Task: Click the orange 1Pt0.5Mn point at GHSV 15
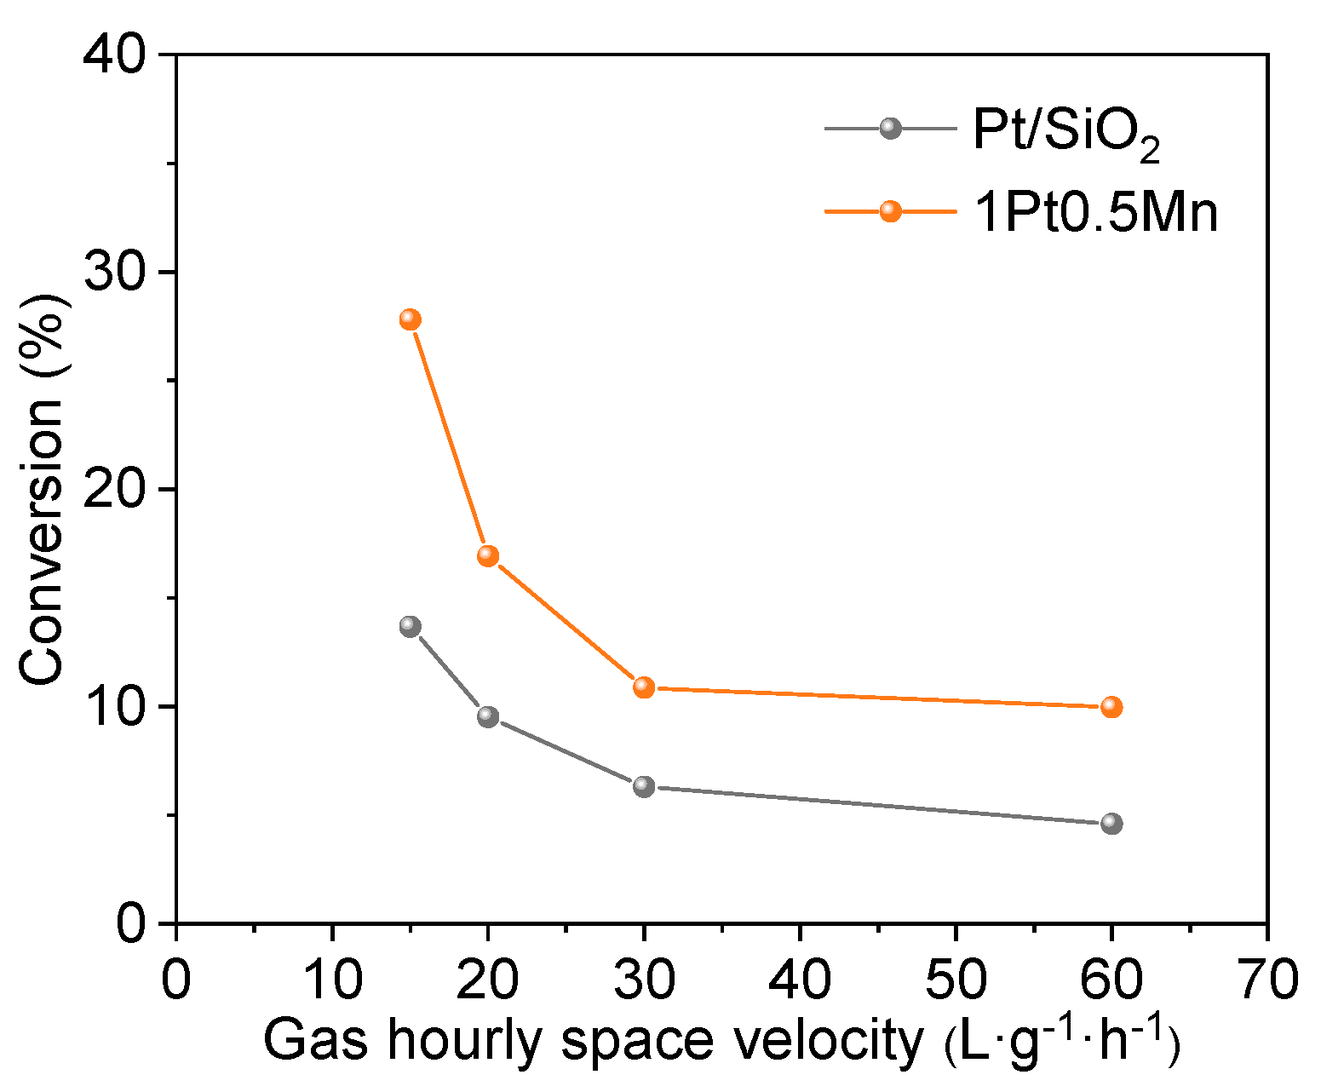(x=410, y=319)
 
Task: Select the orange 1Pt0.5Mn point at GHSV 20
(x=487, y=555)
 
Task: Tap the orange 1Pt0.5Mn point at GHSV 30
(x=644, y=687)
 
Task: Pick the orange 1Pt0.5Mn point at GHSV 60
(x=1111, y=707)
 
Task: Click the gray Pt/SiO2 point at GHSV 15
(x=410, y=626)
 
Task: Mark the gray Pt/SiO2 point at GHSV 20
(x=487, y=716)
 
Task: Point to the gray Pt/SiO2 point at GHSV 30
(x=644, y=786)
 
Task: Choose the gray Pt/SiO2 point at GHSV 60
(x=1111, y=824)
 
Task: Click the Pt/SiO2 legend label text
(x=1066, y=134)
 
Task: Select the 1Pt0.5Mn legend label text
(x=1095, y=212)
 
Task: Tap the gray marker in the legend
(x=890, y=129)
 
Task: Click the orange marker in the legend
(x=890, y=210)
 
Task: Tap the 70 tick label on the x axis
(x=1266, y=980)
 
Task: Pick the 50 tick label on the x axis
(x=955, y=980)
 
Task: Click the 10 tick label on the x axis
(x=332, y=980)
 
